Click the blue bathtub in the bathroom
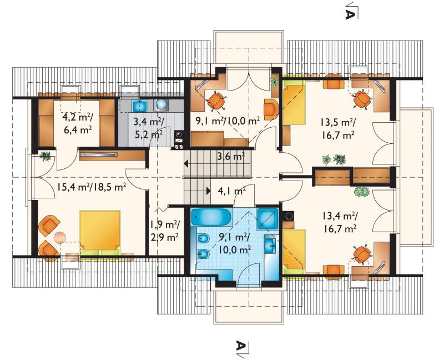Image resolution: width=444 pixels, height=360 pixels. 211,217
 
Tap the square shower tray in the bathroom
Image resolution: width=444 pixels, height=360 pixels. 268,218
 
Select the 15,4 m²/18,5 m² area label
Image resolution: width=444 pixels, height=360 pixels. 92,187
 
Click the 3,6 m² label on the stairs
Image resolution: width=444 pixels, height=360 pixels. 231,156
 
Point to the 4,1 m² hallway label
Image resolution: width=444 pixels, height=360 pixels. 231,191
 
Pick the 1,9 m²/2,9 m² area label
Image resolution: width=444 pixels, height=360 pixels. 164,231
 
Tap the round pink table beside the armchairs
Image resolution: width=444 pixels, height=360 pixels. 60,238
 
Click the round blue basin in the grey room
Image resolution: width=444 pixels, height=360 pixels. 161,105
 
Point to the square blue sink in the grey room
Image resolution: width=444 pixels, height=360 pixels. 140,106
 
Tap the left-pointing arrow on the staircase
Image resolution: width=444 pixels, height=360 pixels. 186,163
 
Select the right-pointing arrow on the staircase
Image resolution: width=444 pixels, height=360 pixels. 208,191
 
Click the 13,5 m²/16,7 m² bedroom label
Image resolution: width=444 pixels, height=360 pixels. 338,129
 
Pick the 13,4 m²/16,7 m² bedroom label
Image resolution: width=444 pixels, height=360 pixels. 339,222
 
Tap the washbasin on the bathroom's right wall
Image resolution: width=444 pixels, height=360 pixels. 270,244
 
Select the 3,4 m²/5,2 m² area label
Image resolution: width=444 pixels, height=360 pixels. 148,128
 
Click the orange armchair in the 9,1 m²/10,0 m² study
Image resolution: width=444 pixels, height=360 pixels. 271,109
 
